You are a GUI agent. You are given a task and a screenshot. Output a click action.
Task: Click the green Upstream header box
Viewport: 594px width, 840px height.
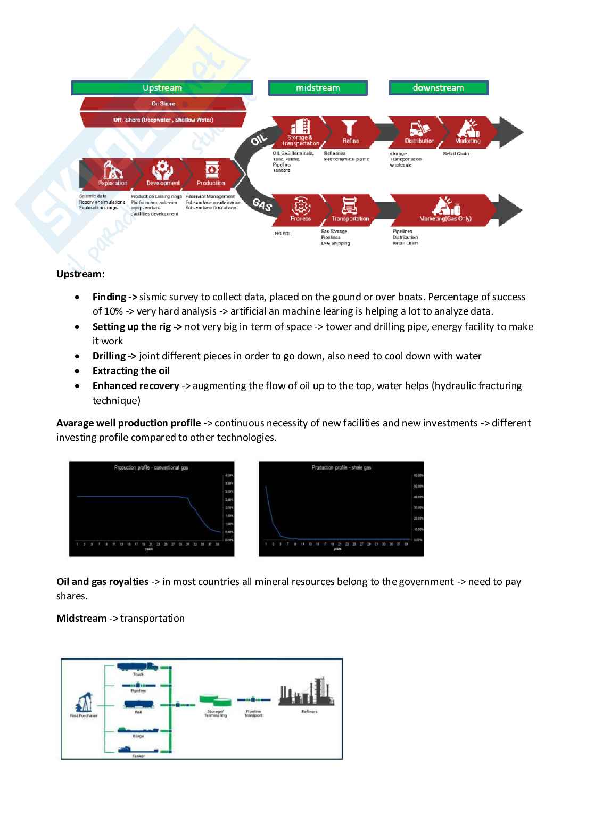tap(162, 88)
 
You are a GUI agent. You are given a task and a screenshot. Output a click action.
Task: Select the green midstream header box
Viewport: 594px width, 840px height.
tap(318, 88)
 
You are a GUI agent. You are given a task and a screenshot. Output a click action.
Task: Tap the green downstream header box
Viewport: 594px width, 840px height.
tap(439, 88)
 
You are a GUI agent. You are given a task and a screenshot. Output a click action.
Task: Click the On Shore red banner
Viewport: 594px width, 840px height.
tap(163, 104)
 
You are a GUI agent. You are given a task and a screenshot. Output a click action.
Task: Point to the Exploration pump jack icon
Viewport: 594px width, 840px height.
tap(113, 171)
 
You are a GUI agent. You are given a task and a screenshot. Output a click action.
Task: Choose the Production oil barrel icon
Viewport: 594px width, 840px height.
tap(211, 170)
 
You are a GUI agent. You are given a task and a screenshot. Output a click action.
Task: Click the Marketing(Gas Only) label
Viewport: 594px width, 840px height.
tap(445, 219)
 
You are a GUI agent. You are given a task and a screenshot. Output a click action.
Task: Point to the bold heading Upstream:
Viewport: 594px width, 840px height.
tap(80, 274)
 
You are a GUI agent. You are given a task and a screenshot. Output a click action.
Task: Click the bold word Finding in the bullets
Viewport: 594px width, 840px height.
tap(110, 297)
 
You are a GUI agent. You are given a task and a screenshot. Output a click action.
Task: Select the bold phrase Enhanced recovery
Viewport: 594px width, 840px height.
tap(136, 386)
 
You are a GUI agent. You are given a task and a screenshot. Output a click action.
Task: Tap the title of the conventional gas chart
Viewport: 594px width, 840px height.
tap(151, 468)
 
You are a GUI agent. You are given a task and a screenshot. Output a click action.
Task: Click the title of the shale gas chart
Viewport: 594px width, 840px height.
tap(341, 468)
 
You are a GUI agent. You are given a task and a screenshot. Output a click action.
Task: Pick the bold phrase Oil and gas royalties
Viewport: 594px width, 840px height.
tap(103, 582)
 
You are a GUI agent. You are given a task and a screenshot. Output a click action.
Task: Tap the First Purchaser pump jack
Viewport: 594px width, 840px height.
tap(84, 702)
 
